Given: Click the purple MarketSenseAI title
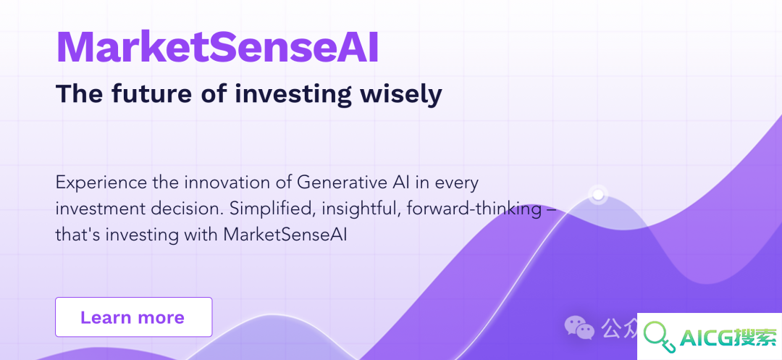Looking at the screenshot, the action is click(x=217, y=48).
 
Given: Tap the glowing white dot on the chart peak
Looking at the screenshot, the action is click(x=597, y=194).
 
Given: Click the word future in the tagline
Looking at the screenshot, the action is click(x=151, y=93).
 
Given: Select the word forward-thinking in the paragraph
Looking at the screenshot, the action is click(x=474, y=209).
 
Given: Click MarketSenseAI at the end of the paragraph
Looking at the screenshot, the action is click(x=285, y=235).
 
